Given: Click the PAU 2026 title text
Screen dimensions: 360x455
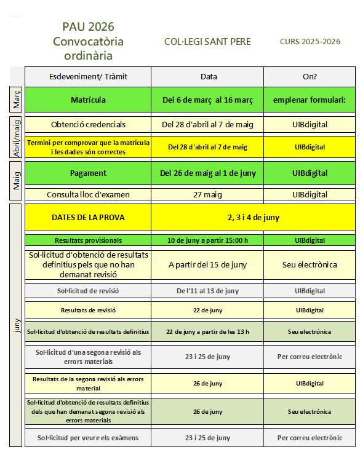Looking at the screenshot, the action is [88, 26].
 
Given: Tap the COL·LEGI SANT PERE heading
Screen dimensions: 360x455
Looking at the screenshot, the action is [207, 41].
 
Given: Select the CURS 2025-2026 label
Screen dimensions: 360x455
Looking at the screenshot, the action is [310, 41].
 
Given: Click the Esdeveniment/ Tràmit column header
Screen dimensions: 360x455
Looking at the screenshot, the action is [88, 76].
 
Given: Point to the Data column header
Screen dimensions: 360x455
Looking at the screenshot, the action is [208, 76].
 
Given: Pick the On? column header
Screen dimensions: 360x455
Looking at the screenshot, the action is [310, 76].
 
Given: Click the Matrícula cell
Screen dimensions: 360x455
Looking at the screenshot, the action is [88, 100].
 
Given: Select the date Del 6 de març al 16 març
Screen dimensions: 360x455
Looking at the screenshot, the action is [208, 100].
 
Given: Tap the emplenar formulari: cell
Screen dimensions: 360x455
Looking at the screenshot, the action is [310, 100].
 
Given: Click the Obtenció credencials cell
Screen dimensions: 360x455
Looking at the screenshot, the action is [88, 124].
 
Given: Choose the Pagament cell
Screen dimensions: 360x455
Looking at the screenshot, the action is [88, 173].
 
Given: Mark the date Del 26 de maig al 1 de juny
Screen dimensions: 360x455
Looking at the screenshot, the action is [208, 173].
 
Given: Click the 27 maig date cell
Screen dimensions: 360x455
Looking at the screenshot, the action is [208, 195].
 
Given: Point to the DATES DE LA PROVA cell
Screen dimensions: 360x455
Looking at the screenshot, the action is [88, 216].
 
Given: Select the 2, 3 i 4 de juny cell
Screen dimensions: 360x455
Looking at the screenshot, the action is [254, 216].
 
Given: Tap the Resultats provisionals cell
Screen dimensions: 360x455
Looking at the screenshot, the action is [88, 240].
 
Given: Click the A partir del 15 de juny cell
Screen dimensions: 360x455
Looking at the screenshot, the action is [208, 264].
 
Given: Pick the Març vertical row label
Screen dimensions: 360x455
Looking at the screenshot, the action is [17, 99].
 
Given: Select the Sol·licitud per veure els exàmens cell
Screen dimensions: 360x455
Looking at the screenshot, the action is [88, 438].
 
